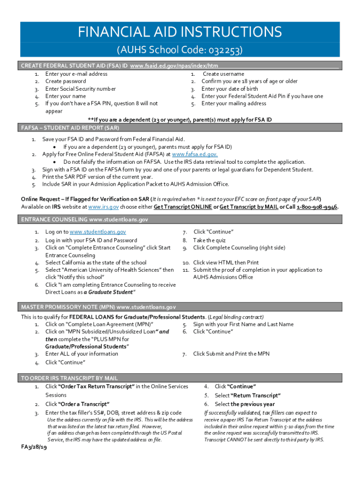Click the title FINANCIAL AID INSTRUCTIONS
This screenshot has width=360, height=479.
click(180, 32)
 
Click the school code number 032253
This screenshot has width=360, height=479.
click(226, 50)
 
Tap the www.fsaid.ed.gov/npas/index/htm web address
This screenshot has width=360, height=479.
click(174, 66)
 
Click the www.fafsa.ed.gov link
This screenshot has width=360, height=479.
click(194, 154)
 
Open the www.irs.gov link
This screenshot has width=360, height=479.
click(102, 207)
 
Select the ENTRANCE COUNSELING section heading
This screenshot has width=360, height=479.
click(85, 219)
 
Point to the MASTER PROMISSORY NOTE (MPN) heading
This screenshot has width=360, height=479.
click(98, 307)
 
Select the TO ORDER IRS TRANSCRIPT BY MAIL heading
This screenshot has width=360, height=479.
click(69, 378)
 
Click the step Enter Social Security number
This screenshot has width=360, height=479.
click(80, 89)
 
